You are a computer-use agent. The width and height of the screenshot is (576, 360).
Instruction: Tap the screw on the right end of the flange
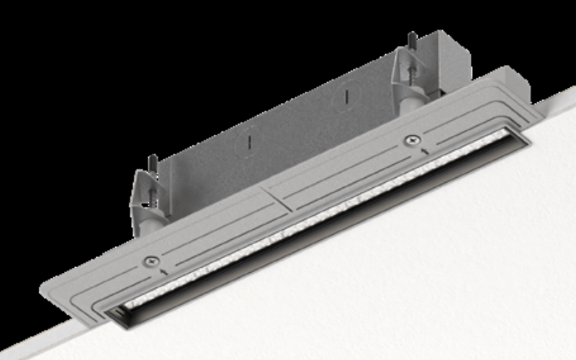pos(410,140)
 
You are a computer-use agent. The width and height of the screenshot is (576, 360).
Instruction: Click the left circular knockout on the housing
pos(246,140)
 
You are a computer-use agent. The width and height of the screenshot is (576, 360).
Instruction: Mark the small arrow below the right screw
pos(425,150)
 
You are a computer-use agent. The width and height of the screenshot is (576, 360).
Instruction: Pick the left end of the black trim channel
pos(115,313)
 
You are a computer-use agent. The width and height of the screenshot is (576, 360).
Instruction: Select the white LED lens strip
pos(324,216)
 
